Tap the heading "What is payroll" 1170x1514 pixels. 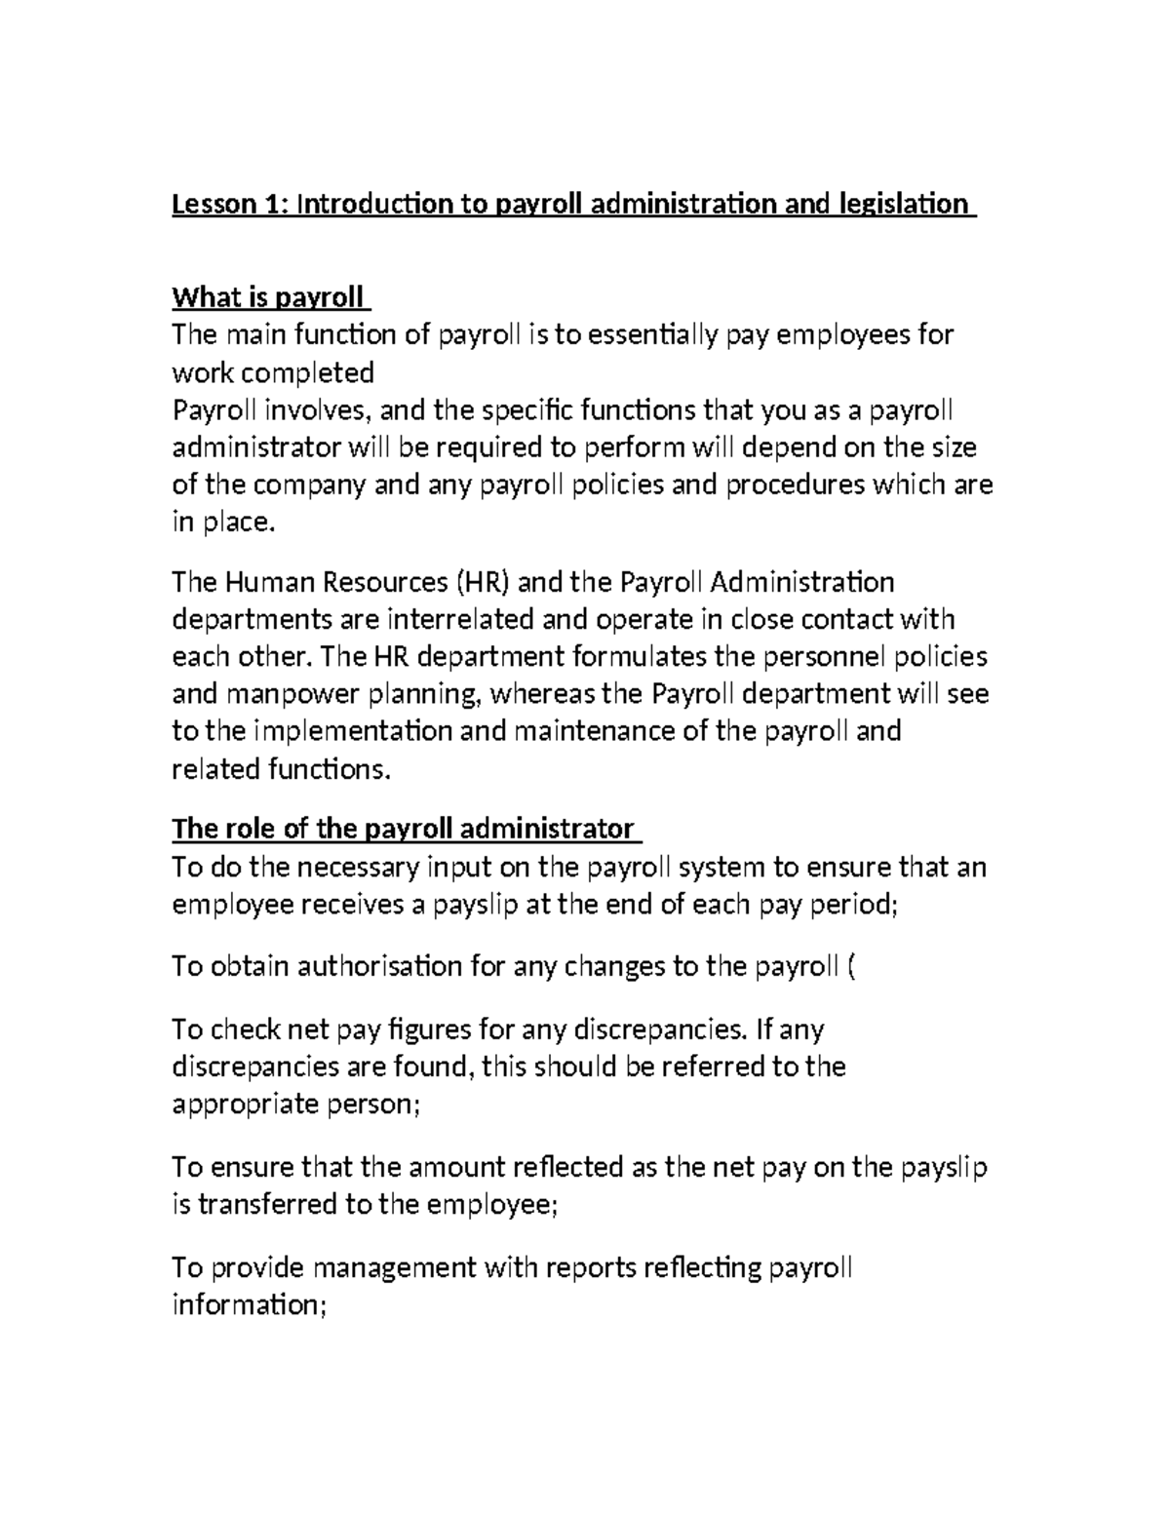[268, 296]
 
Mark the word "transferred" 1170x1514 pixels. [268, 1205]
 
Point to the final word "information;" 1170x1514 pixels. [248, 1305]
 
